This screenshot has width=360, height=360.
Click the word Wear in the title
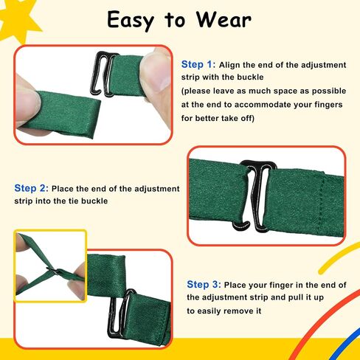(224, 20)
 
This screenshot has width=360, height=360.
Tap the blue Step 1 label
(198, 64)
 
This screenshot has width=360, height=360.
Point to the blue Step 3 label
(204, 285)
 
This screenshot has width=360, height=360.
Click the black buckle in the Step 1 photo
(104, 74)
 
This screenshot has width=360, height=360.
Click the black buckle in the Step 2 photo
(256, 196)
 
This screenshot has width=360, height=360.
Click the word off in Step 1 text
(248, 118)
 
